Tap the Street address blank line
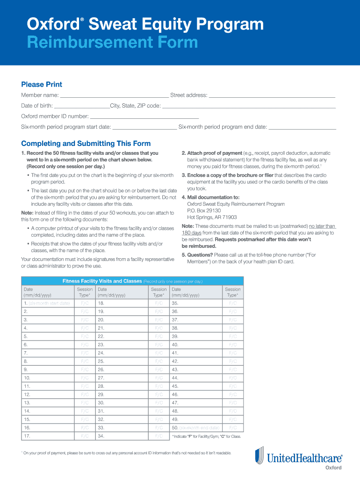tap(272, 95)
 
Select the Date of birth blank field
tap(82, 106)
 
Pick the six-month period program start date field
tap(144, 127)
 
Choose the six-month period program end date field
tap(302, 127)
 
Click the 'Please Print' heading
tap(42, 85)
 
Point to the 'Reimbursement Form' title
tap(112, 43)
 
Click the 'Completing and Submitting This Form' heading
tap(86, 144)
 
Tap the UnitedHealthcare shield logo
tap(259, 457)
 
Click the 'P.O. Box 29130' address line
tap(204, 210)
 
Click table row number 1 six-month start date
tap(47, 303)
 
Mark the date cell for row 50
tap(195, 428)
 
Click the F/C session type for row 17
tap(85, 436)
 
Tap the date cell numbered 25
tap(122, 361)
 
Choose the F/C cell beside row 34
tap(159, 436)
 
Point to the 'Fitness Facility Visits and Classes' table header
tap(102, 281)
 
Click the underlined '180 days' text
tap(192, 232)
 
